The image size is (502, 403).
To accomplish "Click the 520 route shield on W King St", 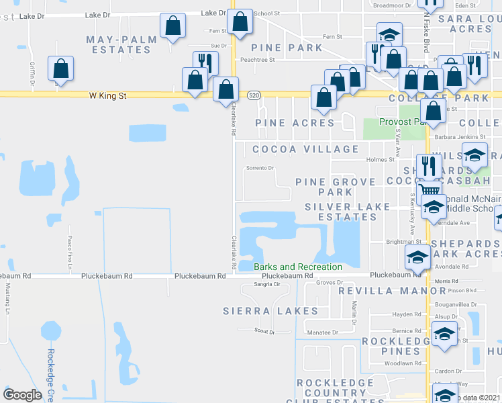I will [254, 96].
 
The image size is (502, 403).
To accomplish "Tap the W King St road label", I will [108, 96].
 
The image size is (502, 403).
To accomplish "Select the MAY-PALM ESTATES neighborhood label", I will [121, 44].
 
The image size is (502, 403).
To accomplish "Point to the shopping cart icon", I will [430, 192].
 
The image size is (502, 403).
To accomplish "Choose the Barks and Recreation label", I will [298, 267].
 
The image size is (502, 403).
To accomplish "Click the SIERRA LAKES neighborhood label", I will [270, 311].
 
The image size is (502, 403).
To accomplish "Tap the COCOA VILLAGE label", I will [305, 149].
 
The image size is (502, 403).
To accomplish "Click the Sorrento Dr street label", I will [260, 168].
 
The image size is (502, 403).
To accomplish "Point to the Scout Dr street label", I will [265, 330].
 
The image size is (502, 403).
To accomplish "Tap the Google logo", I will [22, 395].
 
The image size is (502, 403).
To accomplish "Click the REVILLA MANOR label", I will [392, 291].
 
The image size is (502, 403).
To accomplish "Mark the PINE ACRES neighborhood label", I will [295, 123].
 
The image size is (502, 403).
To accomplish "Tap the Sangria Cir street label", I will [266, 285].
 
